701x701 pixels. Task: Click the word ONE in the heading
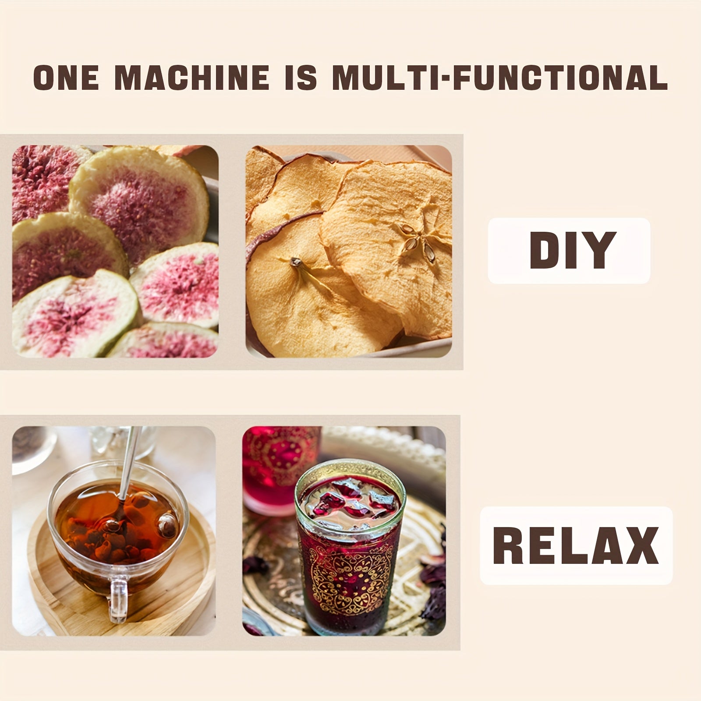pos(66,78)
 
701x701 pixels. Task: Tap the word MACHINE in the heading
pos(192,78)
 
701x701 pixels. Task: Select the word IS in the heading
pos(301,78)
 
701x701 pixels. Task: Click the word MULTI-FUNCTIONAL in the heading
pos(500,78)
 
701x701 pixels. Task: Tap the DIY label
pos(570,250)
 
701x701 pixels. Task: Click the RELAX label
pos(576,545)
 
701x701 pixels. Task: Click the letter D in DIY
pos(545,250)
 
